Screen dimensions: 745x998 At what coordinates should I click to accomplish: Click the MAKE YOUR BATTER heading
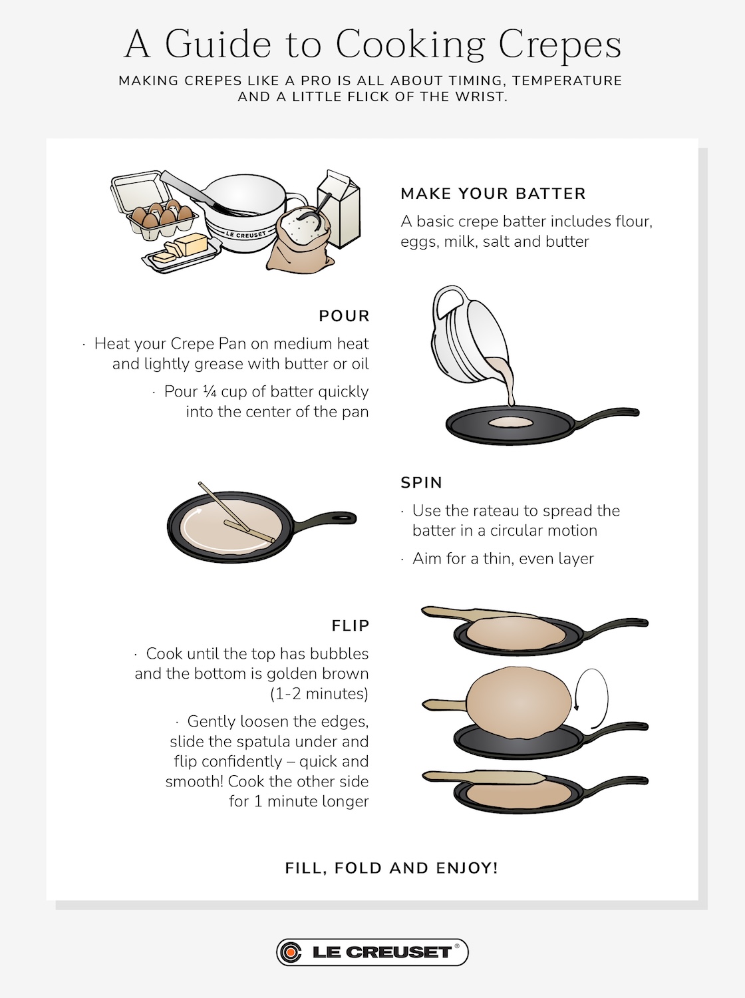tap(493, 194)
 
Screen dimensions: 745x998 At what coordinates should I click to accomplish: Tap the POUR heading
tap(344, 316)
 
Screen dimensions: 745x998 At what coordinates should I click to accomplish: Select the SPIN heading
tap(421, 482)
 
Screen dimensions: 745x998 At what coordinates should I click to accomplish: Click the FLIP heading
tap(351, 625)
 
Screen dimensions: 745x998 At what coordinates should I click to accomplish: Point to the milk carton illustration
tap(339, 208)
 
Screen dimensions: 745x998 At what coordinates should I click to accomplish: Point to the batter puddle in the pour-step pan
tap(510, 422)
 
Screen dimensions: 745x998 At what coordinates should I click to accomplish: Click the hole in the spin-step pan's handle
tap(343, 518)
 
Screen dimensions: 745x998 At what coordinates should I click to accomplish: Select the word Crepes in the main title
tap(560, 45)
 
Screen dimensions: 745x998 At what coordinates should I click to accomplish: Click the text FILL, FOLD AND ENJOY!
tap(391, 868)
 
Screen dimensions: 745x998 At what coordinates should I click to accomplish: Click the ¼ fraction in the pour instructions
tap(210, 391)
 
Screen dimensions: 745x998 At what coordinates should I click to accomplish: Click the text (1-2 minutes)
tap(319, 694)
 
